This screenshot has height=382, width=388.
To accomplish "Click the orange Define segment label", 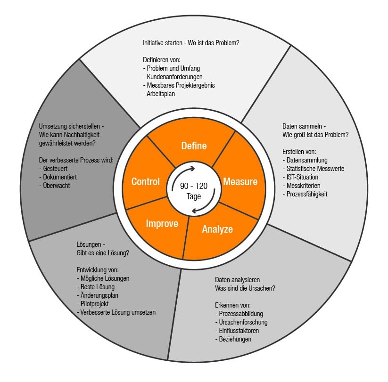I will (x=194, y=146).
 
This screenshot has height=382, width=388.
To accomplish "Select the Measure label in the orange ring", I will (x=240, y=182).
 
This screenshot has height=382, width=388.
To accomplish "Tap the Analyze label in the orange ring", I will (x=217, y=229).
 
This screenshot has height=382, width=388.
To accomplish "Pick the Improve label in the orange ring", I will (x=162, y=223).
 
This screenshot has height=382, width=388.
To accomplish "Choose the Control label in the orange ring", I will (x=145, y=182).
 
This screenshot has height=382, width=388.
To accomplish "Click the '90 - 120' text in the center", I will (x=193, y=187).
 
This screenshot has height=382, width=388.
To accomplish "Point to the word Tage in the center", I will (x=193, y=196).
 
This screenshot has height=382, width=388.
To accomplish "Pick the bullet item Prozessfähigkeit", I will (x=306, y=194).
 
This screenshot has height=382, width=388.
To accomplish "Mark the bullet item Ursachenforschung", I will (x=243, y=322).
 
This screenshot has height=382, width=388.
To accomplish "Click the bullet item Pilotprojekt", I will (x=94, y=304).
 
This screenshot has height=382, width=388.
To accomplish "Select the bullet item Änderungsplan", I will (x=99, y=295).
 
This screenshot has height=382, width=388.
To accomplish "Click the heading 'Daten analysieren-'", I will (x=239, y=279).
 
